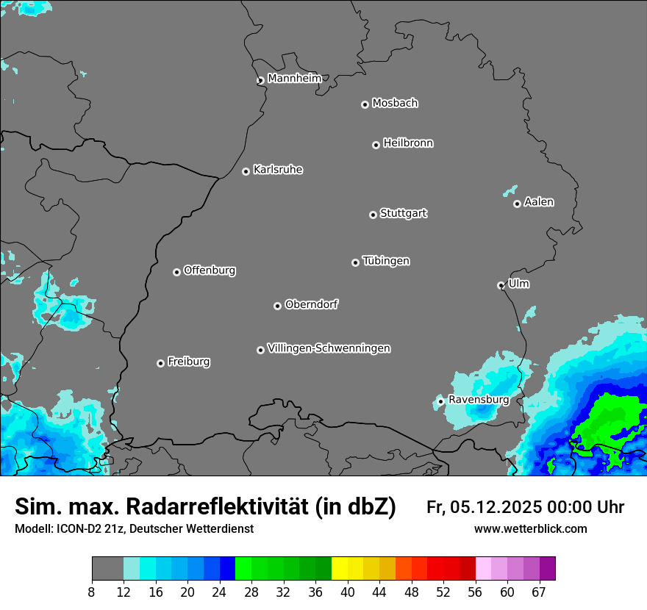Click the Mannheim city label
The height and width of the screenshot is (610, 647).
tap(294, 79)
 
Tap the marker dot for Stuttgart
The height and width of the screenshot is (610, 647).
tap(373, 215)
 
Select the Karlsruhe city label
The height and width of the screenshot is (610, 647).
tap(278, 170)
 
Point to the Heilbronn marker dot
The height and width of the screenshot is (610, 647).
tap(376, 145)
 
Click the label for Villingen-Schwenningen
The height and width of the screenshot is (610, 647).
tap(329, 348)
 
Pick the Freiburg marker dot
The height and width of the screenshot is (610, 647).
tap(160, 363)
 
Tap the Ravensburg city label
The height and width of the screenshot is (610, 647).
tap(479, 400)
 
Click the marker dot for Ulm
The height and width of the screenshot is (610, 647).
tap(501, 285)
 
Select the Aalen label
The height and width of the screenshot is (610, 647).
tap(539, 202)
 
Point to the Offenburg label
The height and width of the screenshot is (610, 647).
tap(210, 270)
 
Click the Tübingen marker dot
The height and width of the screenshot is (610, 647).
tap(355, 262)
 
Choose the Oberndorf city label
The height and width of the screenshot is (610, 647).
tap(311, 304)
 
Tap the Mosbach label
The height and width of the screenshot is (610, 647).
tap(395, 104)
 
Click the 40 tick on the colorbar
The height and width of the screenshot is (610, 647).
tap(348, 592)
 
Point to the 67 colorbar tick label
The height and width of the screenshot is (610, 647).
tap(539, 592)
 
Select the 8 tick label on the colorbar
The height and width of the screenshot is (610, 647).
tap(92, 592)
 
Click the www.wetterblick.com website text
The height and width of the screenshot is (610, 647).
tap(530, 528)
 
